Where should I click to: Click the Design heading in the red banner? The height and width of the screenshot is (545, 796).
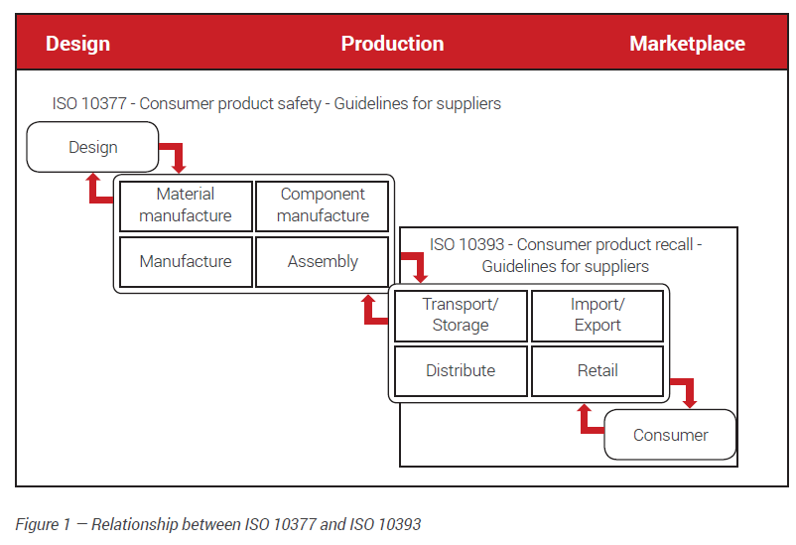click(77, 44)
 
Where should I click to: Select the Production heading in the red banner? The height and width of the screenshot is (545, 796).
click(392, 44)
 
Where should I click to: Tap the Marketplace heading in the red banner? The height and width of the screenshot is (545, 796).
click(687, 44)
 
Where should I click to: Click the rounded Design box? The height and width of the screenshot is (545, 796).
click(92, 147)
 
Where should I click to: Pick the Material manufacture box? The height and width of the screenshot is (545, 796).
click(186, 205)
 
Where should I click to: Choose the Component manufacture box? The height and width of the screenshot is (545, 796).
click(323, 205)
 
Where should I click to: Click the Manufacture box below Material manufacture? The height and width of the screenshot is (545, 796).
click(186, 262)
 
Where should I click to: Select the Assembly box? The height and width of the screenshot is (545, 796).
click(323, 262)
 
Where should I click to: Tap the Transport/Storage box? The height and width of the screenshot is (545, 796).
click(461, 315)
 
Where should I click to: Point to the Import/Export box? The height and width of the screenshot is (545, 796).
click(597, 315)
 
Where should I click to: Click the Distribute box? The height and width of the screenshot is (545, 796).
click(461, 371)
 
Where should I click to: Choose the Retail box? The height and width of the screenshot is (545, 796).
click(597, 371)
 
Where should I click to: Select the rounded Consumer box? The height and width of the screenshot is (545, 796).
click(670, 435)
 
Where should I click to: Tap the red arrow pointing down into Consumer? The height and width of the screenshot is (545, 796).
click(685, 391)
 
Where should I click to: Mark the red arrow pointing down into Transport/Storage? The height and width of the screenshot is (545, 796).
click(414, 265)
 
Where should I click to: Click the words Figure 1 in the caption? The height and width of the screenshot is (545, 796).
click(43, 524)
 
